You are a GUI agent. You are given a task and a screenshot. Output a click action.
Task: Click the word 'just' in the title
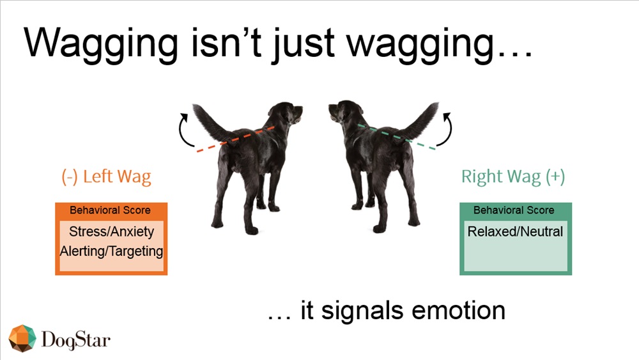tap(303, 44)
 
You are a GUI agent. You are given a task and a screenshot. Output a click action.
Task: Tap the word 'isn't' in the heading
tap(226, 42)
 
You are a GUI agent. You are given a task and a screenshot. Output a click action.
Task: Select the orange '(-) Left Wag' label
tap(106, 176)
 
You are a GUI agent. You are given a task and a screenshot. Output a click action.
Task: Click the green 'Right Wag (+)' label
tap(513, 176)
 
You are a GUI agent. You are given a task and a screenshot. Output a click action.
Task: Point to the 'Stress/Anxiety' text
tap(112, 231)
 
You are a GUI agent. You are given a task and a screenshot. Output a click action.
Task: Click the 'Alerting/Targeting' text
tap(111, 251)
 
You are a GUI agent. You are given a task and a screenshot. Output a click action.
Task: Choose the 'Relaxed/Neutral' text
tap(515, 231)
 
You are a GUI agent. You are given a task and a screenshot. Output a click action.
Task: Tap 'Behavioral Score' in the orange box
tap(110, 210)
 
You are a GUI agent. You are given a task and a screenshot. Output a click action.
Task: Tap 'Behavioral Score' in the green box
tap(514, 210)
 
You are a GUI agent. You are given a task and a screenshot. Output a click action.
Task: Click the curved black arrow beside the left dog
tap(180, 130)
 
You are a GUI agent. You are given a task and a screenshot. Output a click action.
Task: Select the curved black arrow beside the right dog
tap(450, 130)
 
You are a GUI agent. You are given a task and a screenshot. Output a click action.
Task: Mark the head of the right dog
tap(345, 112)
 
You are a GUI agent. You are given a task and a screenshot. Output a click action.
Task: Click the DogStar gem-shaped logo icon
tap(22, 338)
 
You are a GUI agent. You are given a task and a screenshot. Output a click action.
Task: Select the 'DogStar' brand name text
tap(76, 340)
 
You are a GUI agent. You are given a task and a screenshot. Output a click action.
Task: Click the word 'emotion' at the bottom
tap(458, 311)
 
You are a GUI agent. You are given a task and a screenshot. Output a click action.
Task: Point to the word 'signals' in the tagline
tap(365, 311)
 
